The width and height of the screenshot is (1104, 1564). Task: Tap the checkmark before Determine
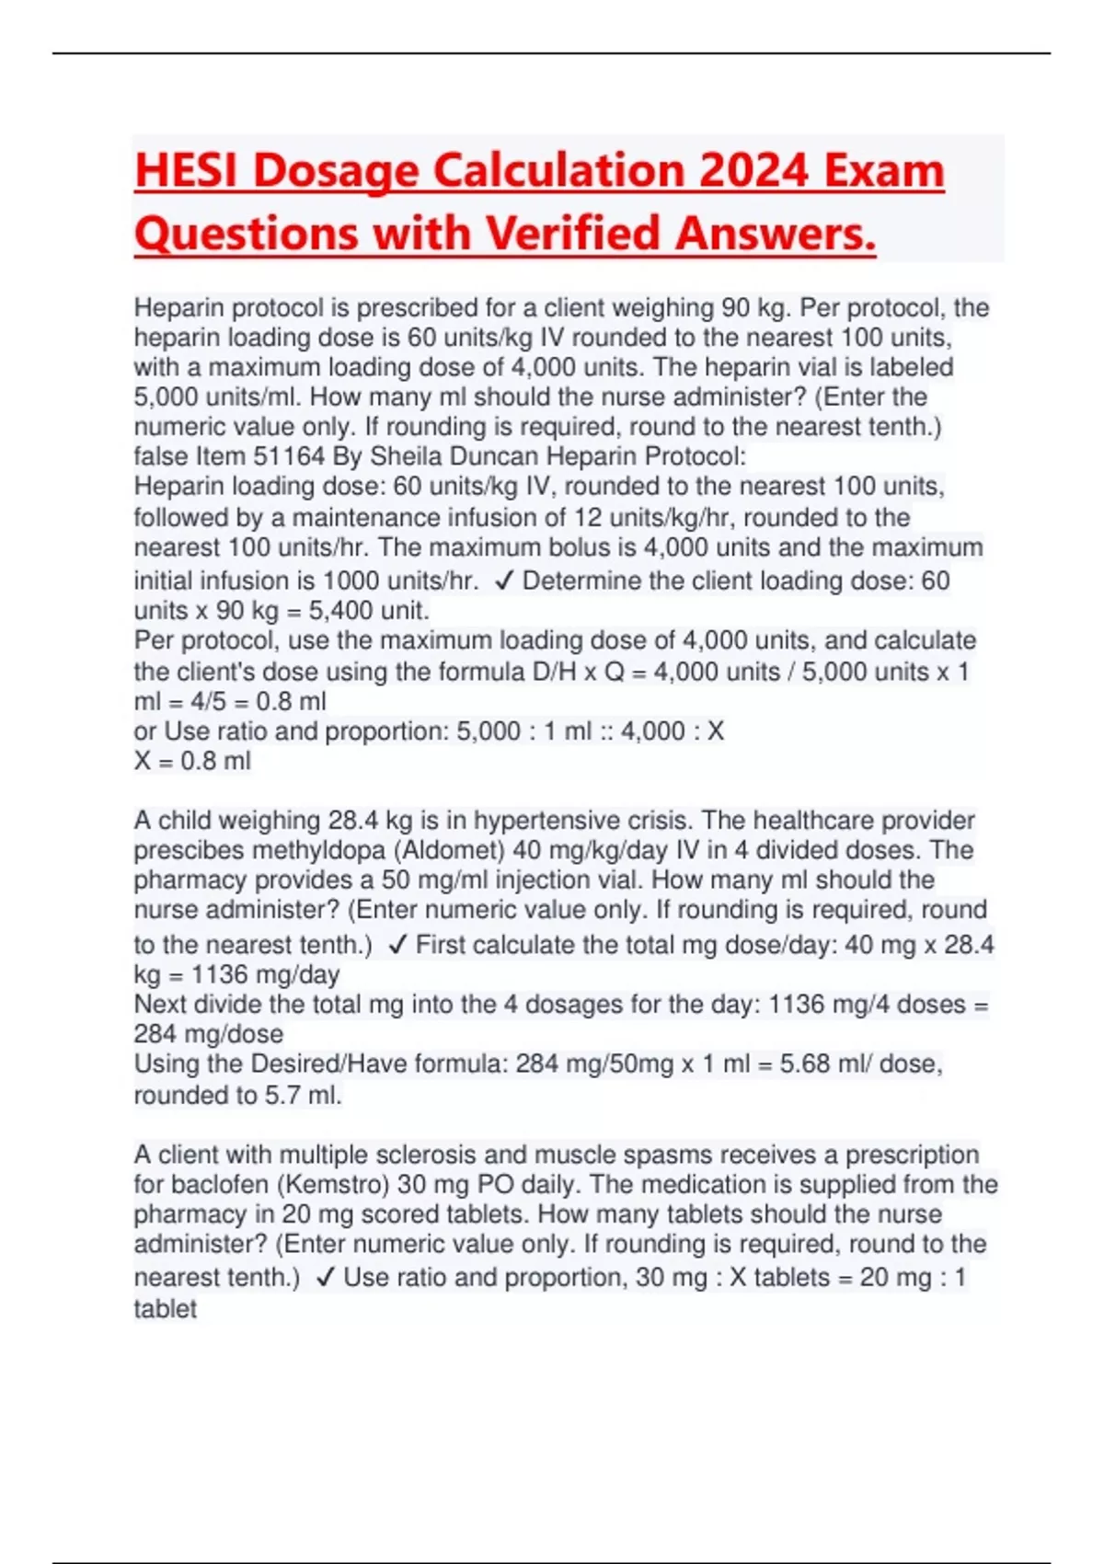pos(503,581)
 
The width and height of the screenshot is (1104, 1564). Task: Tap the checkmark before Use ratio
pos(325,1277)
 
